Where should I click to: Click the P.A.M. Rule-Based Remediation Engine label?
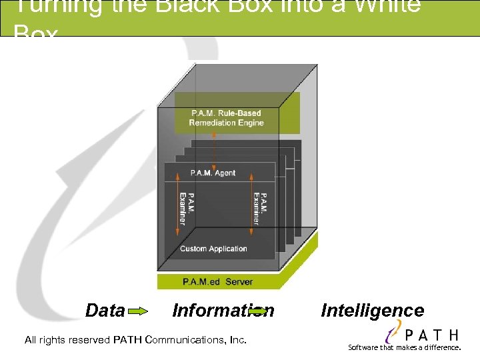click(x=226, y=118)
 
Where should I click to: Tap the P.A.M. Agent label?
click(x=213, y=173)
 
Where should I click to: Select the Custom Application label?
click(x=213, y=249)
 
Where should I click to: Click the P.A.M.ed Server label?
click(x=217, y=282)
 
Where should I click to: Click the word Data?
click(x=105, y=311)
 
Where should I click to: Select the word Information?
click(x=223, y=311)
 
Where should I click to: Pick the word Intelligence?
click(x=372, y=311)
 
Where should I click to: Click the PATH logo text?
click(x=431, y=334)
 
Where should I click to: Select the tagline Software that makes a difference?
click(x=405, y=347)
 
